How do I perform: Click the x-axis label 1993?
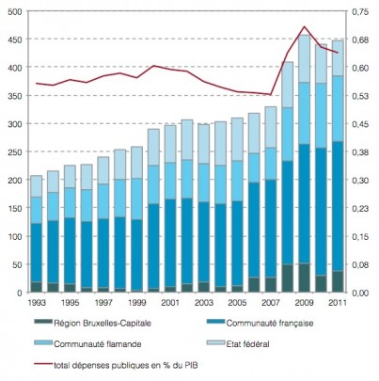[x=37, y=303]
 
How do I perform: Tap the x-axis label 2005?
[x=237, y=303]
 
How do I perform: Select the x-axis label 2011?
[x=338, y=303]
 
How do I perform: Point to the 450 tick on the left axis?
[x=16, y=40]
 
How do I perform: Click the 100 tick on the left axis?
[x=16, y=237]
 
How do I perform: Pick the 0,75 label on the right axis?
[x=360, y=12]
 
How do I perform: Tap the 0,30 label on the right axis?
[x=360, y=181]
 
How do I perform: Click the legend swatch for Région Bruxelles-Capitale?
[x=42, y=322]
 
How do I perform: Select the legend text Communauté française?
[x=270, y=323]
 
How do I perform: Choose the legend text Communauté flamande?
[x=98, y=344]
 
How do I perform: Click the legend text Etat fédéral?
[x=247, y=344]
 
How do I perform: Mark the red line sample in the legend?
[x=42, y=364]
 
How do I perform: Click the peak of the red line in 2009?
[x=304, y=26]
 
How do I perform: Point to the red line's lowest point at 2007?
[x=271, y=94]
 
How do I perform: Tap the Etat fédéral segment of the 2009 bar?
[x=304, y=58]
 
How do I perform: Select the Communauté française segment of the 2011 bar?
[x=338, y=206]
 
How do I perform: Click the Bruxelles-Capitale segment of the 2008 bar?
[x=288, y=278]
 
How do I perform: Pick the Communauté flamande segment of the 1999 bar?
[x=137, y=199]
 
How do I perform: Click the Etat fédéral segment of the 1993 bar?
[x=37, y=186]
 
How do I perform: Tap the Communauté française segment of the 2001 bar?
[x=170, y=243]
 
